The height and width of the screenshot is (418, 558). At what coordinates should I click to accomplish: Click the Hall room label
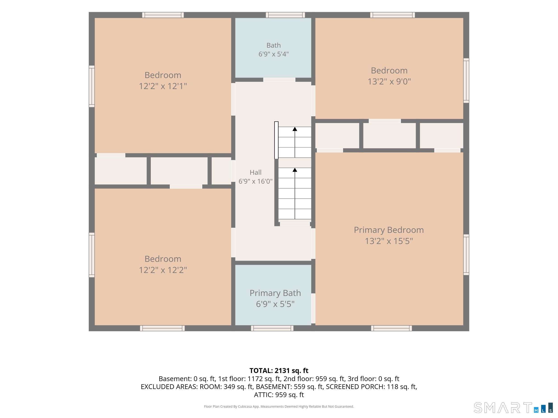pos(255,172)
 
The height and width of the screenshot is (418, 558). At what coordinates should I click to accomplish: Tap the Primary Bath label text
pos(275,293)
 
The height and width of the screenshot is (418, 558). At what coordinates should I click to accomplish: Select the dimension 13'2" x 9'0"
pos(389,81)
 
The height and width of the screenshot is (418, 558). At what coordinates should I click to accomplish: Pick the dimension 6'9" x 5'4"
pos(273,54)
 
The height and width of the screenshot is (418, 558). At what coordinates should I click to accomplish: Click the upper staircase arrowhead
pos(295,129)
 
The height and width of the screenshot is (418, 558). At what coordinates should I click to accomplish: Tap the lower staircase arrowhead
pos(295,170)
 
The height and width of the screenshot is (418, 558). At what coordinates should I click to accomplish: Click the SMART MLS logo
pos(513,408)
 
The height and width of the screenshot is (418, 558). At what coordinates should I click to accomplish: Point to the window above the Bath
pos(285,15)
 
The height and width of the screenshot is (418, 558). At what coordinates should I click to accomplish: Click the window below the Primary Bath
pos(272,328)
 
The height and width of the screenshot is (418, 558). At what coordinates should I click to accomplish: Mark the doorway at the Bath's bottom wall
pos(279,80)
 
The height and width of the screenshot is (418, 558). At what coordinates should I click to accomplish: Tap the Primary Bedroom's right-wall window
pos(466,255)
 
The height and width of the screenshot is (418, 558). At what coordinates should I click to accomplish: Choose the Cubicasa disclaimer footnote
pos(279,406)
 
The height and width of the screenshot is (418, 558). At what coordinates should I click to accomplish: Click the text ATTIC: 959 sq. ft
pos(279,395)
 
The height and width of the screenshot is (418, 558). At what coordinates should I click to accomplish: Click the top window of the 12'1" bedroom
pos(163,15)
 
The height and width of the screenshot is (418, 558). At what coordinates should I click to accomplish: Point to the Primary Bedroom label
pos(389,230)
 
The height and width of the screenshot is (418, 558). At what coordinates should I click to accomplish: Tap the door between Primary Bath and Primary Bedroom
pos(313,308)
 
